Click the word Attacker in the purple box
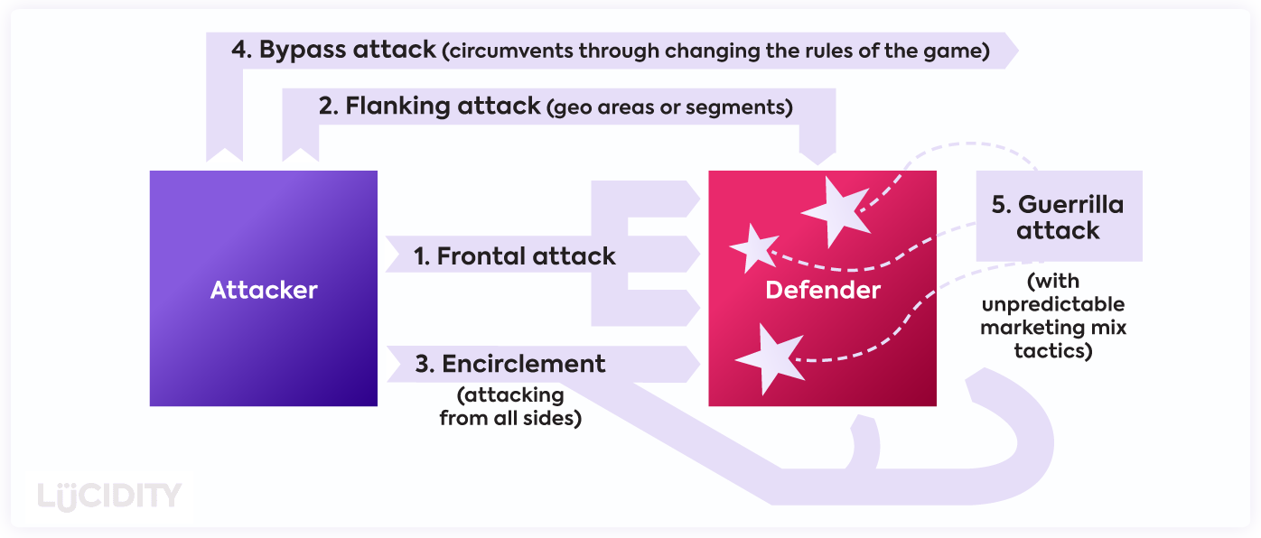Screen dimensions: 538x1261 (x=264, y=290)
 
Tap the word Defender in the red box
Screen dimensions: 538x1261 (x=822, y=290)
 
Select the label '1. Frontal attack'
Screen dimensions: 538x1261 (x=514, y=256)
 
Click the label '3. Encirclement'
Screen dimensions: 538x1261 (x=510, y=364)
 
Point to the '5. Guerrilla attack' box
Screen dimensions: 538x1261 (x=1058, y=217)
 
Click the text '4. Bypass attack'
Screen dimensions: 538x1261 (x=333, y=50)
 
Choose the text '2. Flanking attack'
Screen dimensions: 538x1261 (x=429, y=107)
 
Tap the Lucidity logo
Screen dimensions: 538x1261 (x=110, y=496)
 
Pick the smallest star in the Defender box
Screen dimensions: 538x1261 (x=752, y=246)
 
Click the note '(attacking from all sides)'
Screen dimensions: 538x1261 (x=509, y=406)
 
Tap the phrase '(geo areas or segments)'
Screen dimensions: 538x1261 (x=669, y=108)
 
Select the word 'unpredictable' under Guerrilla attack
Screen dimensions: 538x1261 (x=1053, y=304)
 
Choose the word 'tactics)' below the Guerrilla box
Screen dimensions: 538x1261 (x=1053, y=350)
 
